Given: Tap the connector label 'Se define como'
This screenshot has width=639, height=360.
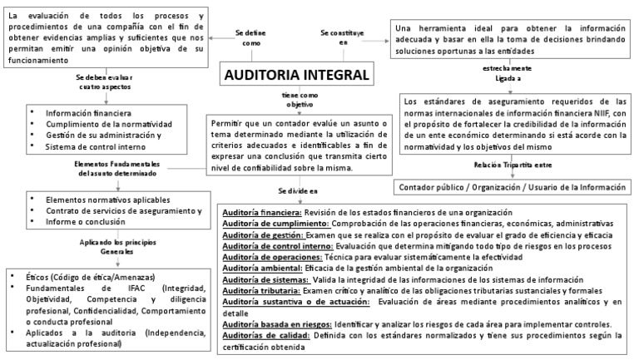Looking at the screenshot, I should (251, 37).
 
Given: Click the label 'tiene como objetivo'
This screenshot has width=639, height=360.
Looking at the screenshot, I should (299, 100).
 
